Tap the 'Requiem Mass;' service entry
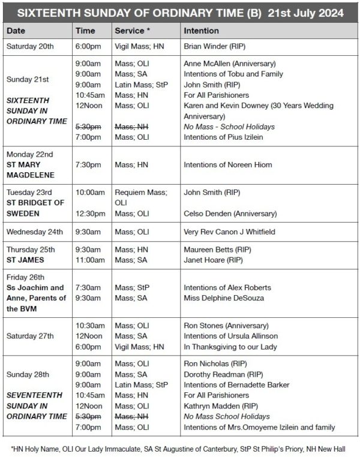[140, 193]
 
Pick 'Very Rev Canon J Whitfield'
[229, 231]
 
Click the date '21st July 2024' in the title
[308, 12]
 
